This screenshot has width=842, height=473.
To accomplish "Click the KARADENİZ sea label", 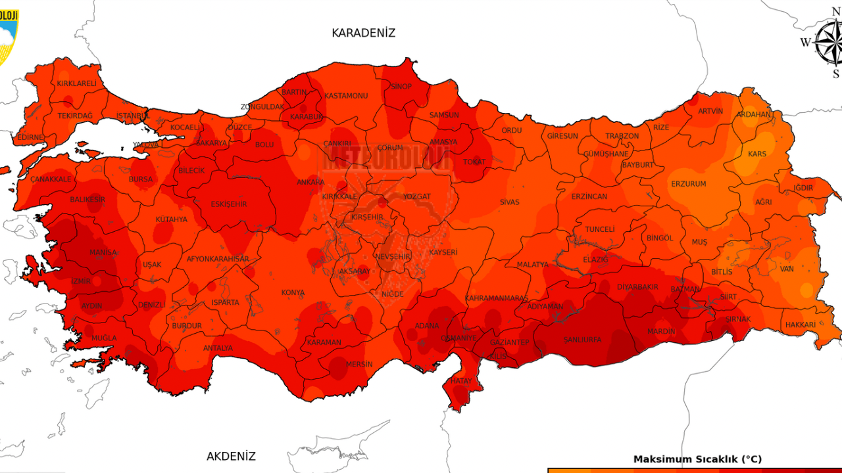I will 363,33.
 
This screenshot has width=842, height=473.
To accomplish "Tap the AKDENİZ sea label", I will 231,456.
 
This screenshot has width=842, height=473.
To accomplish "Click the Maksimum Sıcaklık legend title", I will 697,459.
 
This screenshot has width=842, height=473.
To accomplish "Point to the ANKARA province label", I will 310,183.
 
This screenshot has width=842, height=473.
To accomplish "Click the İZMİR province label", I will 81,281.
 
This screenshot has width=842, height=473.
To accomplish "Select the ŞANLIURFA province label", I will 582,340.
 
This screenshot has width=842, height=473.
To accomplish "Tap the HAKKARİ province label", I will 800,325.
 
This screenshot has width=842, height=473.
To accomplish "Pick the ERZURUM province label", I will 688,184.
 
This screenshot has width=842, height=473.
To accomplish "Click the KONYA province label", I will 293,293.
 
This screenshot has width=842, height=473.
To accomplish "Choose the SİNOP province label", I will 401,87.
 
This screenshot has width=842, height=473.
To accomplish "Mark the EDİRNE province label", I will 30,137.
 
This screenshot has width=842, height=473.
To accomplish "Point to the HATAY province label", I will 461,381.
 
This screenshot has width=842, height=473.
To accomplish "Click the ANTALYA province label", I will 218,348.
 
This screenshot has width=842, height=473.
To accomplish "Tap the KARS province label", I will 757,154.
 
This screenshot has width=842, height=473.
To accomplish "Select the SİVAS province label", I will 509,202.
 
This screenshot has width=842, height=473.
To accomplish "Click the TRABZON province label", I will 622,136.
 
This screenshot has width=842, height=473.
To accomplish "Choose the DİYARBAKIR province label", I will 637,287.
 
